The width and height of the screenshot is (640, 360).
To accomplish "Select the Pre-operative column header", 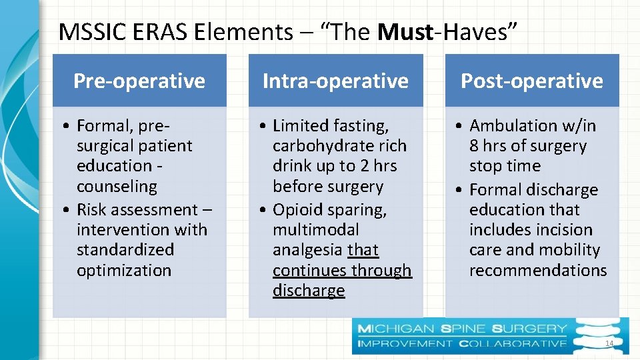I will tap(139, 81).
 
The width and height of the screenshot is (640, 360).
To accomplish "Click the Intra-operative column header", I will tap(335, 81).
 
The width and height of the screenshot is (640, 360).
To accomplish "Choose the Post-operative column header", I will tap(532, 81).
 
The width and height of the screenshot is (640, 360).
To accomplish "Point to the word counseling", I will tap(117, 187).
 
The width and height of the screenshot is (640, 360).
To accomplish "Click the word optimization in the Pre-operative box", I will tap(124, 270).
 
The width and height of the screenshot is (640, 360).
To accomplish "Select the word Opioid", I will tap(297, 209).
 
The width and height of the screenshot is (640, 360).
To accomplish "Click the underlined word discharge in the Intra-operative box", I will tap(309, 291).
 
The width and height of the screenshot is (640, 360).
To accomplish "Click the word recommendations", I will tap(538, 270).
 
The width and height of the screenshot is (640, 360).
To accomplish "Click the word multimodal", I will tap(316, 229).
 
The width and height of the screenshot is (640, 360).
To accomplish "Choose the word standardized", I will tap(125, 250).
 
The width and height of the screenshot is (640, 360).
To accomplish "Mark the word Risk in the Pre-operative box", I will tap(91, 209).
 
